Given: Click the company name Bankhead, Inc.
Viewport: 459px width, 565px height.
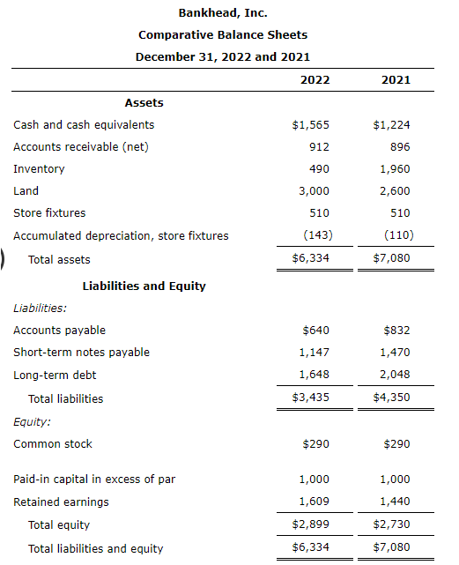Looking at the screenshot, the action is pyautogui.click(x=223, y=12).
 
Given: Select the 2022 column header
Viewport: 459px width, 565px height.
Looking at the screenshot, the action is pyautogui.click(x=315, y=79).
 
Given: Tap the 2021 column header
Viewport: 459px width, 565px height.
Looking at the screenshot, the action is pyautogui.click(x=396, y=79).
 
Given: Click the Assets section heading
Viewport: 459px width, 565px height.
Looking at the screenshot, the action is pyautogui.click(x=144, y=102).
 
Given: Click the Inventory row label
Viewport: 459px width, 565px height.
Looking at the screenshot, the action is pyautogui.click(x=39, y=168).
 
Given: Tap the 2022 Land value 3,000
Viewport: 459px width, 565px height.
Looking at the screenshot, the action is pyautogui.click(x=315, y=190).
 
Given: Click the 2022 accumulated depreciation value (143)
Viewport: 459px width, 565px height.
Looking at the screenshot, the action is pyautogui.click(x=315, y=235).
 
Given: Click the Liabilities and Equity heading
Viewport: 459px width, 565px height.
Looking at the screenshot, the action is pyautogui.click(x=144, y=286).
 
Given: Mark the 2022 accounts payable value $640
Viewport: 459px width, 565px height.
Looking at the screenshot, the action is pyautogui.click(x=315, y=331).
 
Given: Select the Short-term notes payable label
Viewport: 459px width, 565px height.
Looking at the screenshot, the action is pyautogui.click(x=81, y=353).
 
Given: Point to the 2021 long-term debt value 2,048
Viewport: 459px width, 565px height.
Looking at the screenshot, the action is pyautogui.click(x=395, y=375).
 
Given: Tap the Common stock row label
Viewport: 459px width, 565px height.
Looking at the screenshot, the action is pyautogui.click(x=53, y=444).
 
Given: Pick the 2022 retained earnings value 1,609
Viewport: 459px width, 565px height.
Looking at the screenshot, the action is pyautogui.click(x=315, y=502).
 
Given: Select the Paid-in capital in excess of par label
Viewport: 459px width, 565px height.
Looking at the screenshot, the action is pyautogui.click(x=94, y=480).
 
